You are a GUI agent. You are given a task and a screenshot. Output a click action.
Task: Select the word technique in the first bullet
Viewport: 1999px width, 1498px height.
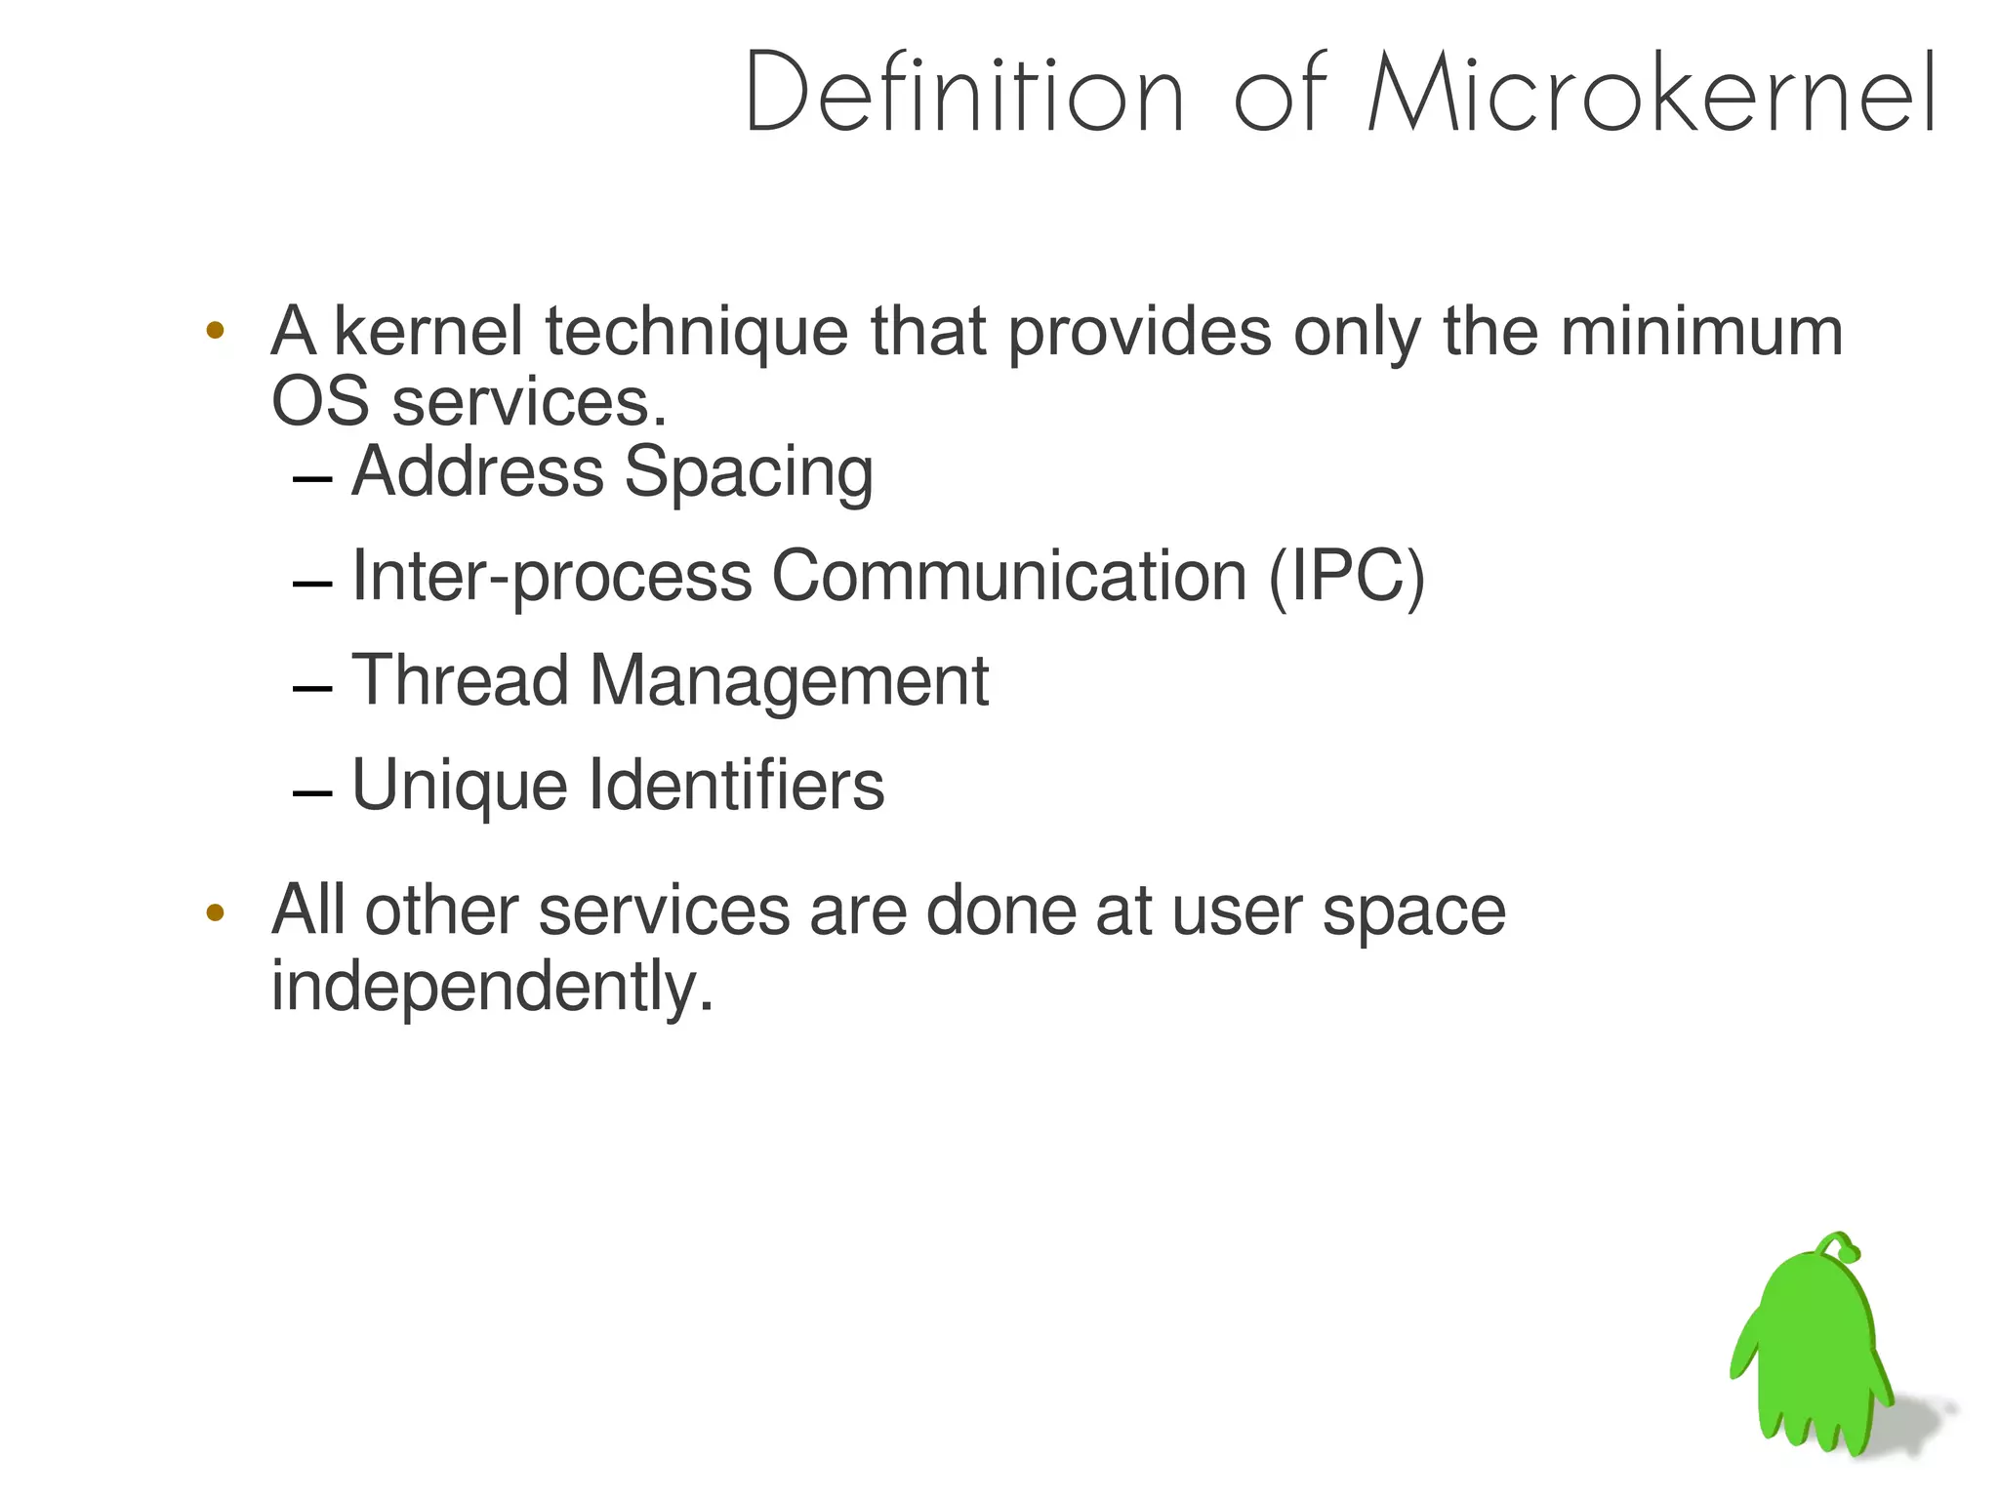[696, 334]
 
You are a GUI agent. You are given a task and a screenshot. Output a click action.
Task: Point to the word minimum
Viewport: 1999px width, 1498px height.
[1701, 332]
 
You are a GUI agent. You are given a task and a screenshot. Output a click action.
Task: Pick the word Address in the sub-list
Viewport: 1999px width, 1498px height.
[477, 471]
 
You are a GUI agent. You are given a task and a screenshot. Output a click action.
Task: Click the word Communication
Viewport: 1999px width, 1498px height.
[1009, 576]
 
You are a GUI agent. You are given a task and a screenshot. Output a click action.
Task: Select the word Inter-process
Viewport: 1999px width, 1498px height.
[551, 578]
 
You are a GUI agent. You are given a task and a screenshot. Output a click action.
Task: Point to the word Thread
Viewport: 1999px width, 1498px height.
[460, 680]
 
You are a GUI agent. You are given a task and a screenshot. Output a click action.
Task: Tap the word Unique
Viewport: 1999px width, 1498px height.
[459, 787]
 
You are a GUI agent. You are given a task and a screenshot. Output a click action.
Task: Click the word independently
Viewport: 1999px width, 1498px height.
[493, 988]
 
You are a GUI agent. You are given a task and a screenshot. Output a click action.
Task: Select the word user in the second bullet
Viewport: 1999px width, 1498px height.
[1236, 911]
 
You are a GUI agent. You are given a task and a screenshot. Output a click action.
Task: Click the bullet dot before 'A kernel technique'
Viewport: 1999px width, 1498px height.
[216, 330]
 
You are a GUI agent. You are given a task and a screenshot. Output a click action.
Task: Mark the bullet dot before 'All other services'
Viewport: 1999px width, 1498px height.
[216, 913]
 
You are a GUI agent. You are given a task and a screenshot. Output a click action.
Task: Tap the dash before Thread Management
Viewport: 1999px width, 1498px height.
[312, 689]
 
